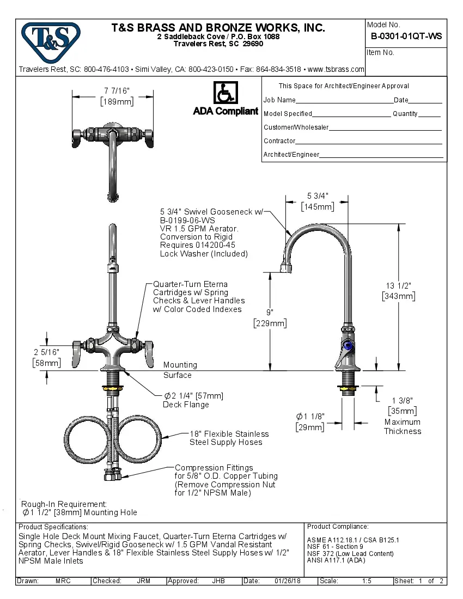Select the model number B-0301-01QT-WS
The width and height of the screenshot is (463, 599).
point(406,36)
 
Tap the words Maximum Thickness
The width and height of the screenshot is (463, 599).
point(402,426)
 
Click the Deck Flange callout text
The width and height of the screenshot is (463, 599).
point(186,405)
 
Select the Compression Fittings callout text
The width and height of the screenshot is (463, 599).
point(214,468)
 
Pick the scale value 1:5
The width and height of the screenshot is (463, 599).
point(367,581)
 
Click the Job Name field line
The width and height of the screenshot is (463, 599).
point(344,100)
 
